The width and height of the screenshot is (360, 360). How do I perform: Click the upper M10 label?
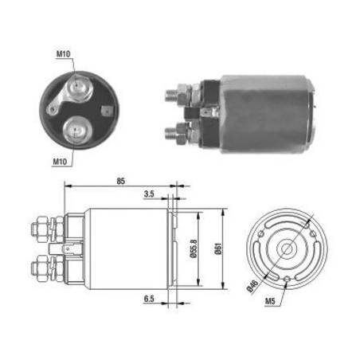[63, 54]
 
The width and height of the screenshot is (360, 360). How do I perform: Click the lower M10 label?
[60, 162]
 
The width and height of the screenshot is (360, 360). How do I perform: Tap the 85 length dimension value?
[120, 181]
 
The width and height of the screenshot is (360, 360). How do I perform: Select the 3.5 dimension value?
[149, 194]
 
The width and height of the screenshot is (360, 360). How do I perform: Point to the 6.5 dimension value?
[149, 299]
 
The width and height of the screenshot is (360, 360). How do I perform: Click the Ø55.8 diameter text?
[194, 248]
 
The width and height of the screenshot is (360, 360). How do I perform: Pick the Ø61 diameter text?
[218, 248]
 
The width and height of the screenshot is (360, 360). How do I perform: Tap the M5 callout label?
[270, 301]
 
